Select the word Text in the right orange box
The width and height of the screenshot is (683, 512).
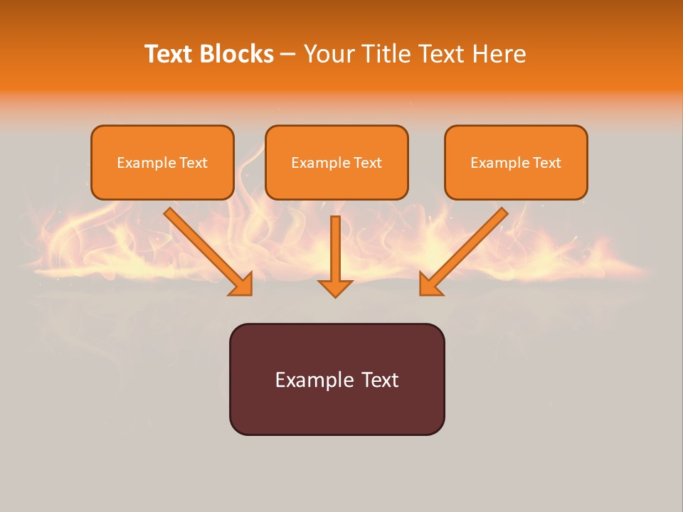click(x=547, y=163)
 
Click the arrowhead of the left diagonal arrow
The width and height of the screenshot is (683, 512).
click(x=242, y=284)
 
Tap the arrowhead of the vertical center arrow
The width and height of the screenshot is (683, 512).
click(x=335, y=288)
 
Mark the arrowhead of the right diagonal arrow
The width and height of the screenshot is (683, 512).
click(x=430, y=284)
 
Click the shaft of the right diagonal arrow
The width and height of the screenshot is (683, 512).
click(x=473, y=242)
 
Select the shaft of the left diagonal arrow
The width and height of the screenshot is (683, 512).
click(x=199, y=242)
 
